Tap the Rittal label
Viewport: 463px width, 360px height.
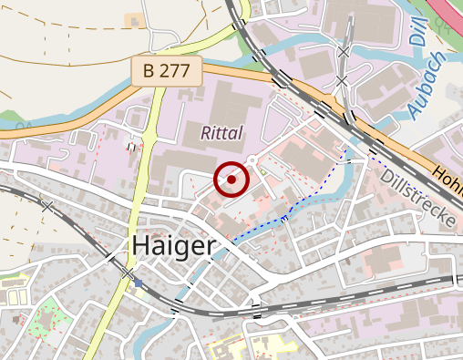click(x=222, y=134)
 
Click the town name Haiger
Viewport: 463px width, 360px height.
click(x=173, y=245)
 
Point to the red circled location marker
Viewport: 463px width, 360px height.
click(x=231, y=180)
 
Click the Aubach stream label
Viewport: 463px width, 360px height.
click(x=425, y=92)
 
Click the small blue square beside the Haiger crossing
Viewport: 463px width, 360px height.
click(x=139, y=283)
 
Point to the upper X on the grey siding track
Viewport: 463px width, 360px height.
click(x=344, y=53)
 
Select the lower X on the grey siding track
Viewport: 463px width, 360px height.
click(x=341, y=82)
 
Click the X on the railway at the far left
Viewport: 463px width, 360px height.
click(x=47, y=207)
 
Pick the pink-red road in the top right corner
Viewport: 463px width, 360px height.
click(x=448, y=11)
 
